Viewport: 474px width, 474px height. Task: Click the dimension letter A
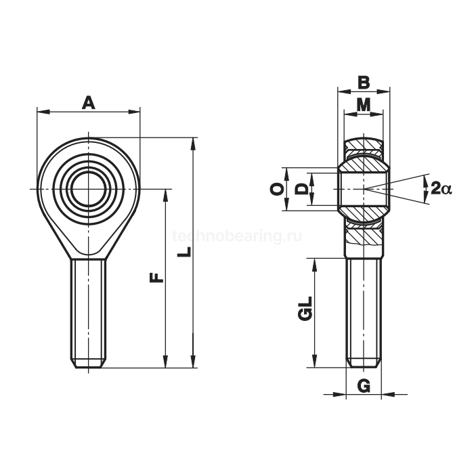pos(88,103)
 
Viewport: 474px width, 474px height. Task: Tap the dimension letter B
pos(364,83)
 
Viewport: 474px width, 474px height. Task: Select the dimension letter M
pos(364,105)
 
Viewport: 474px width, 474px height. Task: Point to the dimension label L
pos(184,252)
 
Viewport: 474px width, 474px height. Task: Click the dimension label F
pos(156,277)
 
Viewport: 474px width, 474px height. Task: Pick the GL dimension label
pos(305,308)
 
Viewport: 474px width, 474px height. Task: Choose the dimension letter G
pos(364,386)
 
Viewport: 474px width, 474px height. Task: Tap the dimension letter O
pos(277,189)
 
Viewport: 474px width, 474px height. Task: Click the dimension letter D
pos(301,189)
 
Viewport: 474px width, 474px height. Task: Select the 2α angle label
pos(441,189)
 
